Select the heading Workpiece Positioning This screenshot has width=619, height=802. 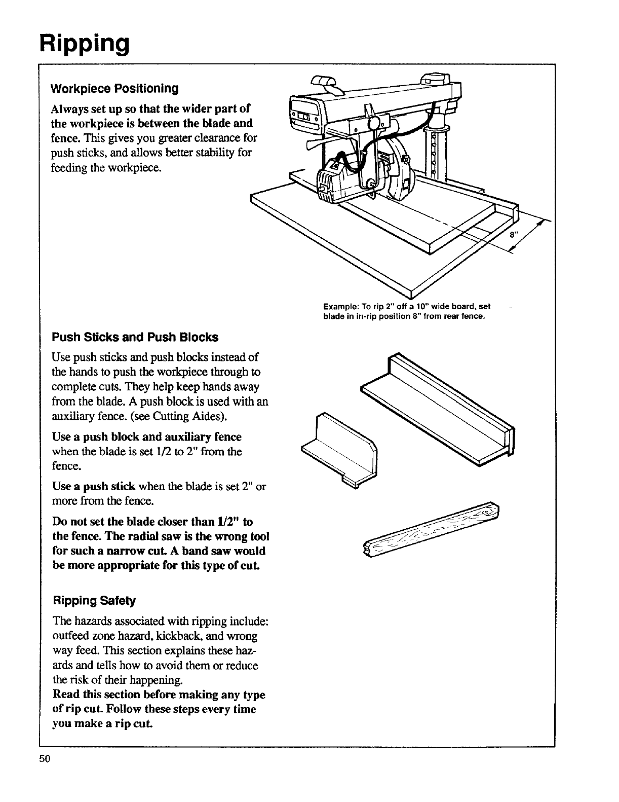coord(114,89)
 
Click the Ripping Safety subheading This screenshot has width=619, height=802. coord(94,601)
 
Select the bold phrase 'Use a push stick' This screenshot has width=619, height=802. coord(94,487)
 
